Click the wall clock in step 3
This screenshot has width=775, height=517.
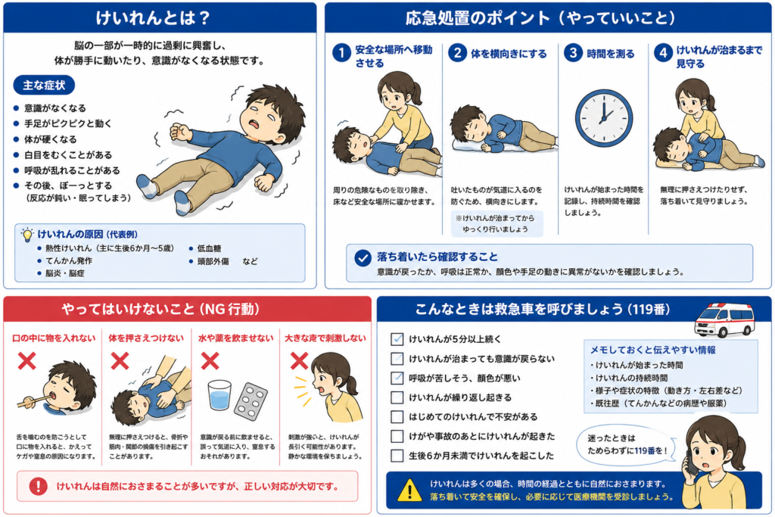coord(603,117)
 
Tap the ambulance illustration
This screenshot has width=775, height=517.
coord(724,319)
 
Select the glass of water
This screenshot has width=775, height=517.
coord(219,394)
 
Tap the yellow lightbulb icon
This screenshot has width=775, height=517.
coord(28,235)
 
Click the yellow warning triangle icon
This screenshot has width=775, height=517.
coord(409,490)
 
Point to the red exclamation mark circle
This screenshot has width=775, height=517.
coord(38,486)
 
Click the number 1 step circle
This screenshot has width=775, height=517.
coord(341,52)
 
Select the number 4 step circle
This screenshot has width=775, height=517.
coord(663,52)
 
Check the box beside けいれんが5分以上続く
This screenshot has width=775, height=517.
coord(397,339)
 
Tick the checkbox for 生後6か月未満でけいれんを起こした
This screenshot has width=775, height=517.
coord(397,455)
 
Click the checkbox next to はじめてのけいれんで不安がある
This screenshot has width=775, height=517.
coord(397,416)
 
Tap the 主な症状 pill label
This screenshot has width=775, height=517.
coord(44,85)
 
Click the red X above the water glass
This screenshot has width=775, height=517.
coord(210,361)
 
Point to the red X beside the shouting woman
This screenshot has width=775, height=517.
coord(299,361)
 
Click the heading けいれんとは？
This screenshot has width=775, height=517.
coord(153,18)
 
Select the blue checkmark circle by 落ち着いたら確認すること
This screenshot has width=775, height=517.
coord(363,257)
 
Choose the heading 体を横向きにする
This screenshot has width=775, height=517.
coord(509,54)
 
